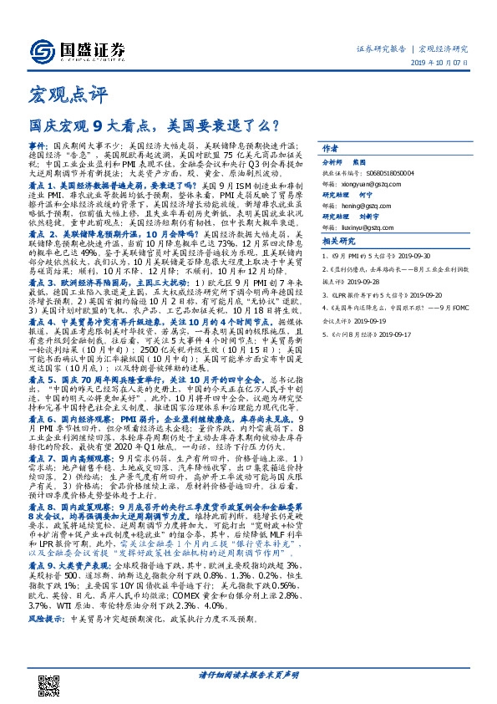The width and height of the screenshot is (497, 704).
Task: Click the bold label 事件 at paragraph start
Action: [x=39, y=145]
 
